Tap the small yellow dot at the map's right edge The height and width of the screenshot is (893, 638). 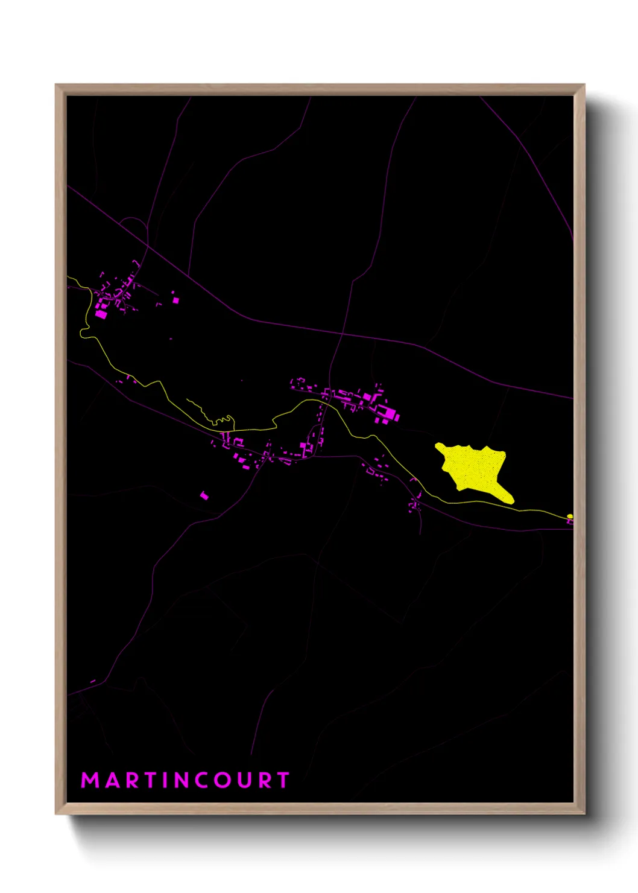pyautogui.click(x=570, y=516)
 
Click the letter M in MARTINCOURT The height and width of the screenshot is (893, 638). pyautogui.click(x=89, y=780)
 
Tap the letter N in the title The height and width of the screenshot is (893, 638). pyautogui.click(x=182, y=780)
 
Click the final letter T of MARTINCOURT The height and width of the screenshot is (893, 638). pyautogui.click(x=283, y=780)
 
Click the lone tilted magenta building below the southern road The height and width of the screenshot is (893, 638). pyautogui.click(x=204, y=495)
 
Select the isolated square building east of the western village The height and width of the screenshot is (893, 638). pyautogui.click(x=175, y=299)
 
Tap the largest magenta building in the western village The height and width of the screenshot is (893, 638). pyautogui.click(x=101, y=314)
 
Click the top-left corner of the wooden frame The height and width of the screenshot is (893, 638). pyautogui.click(x=56, y=85)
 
